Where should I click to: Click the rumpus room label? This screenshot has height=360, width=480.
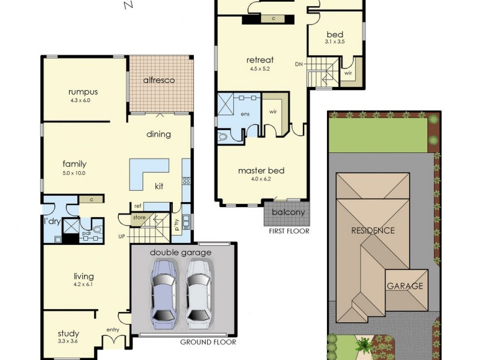(83, 92)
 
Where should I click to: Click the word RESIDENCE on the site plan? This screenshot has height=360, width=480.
(373, 230)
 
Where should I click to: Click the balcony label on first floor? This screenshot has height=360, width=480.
(288, 212)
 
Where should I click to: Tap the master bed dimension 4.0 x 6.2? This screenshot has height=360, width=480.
(261, 179)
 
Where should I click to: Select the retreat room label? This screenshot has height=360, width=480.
(260, 60)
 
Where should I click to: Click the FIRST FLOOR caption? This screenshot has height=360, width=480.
(289, 230)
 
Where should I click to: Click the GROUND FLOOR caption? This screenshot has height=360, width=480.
(208, 343)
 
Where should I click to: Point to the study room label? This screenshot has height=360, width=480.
(68, 334)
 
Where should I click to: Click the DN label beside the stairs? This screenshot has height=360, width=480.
(299, 64)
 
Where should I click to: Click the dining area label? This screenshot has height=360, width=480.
(158, 134)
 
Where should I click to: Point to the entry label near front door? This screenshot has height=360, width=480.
(113, 329)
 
